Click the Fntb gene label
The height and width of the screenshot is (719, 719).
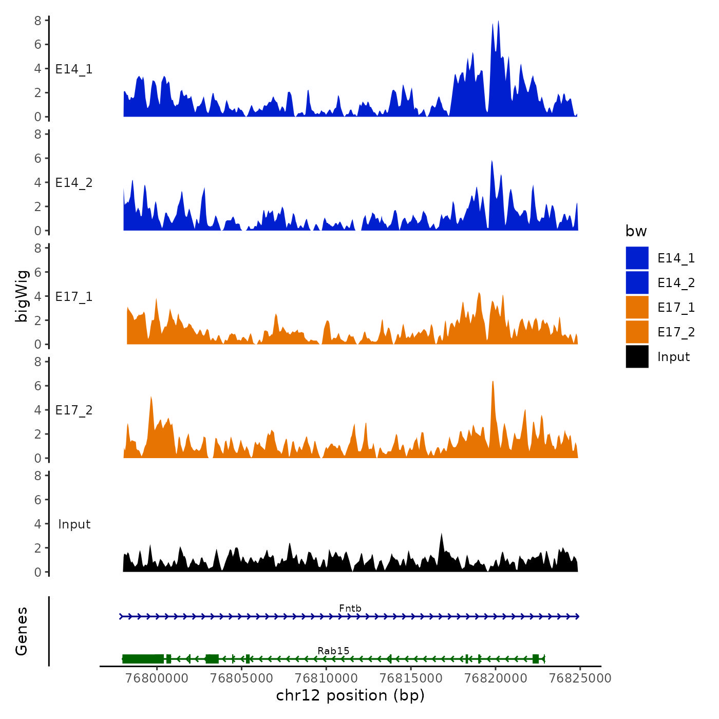coord(350,609)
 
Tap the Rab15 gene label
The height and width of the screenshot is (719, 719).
coord(333,651)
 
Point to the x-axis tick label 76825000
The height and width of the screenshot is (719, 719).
coord(580,678)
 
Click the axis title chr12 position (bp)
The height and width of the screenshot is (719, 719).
coord(350,695)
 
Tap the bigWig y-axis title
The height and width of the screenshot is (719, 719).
coord(22,296)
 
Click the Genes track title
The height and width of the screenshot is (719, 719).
coord(22,631)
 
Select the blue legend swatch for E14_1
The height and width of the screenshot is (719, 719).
coord(637,258)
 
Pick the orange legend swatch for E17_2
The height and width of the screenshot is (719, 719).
coord(637,332)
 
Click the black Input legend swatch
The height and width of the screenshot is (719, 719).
coord(637,356)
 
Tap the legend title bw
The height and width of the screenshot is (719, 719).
coord(636,232)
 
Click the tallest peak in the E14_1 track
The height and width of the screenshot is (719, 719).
coord(498,22)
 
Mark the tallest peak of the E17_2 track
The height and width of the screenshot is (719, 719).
coord(493,382)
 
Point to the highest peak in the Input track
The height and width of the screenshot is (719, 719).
coord(441,534)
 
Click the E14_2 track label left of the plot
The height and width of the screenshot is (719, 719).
coord(74,183)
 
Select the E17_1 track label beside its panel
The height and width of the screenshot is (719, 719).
coord(74,297)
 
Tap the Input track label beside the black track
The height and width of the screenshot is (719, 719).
coord(74,524)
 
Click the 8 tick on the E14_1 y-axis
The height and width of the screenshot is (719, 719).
coord(38,21)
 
